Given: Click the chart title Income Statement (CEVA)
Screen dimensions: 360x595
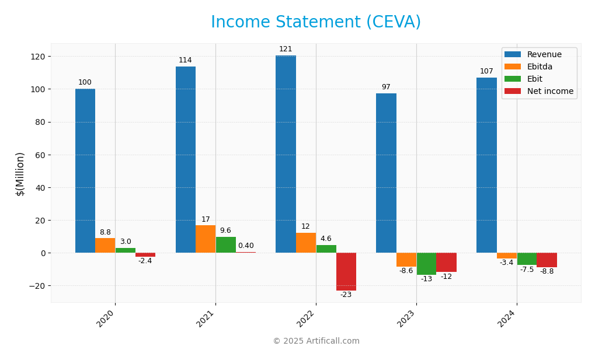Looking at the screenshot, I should pos(315,22).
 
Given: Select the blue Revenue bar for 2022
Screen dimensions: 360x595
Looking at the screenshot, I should pos(286,154).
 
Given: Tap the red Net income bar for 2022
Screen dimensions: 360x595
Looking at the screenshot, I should pos(346,271).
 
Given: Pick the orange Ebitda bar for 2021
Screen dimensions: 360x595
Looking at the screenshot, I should pos(206,239).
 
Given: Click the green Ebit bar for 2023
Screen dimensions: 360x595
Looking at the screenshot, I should pos(426,264).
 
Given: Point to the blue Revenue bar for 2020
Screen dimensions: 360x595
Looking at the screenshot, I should pos(85,170).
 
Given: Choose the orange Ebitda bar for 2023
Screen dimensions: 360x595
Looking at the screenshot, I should pos(406,260).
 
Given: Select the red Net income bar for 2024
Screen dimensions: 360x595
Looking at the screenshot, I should pos(547,260).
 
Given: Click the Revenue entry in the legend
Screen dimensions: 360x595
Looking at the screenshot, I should pos(544,55).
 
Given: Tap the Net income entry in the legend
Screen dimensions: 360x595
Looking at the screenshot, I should pos(549,92).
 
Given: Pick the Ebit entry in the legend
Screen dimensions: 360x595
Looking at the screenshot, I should pos(534,79).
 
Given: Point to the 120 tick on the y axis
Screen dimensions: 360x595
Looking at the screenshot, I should pos(38,57).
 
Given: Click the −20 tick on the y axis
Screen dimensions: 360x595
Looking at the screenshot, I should pos(36,286).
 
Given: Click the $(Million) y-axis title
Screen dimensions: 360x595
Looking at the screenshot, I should pos(20,174).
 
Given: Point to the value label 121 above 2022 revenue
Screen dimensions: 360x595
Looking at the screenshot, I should pos(286,49).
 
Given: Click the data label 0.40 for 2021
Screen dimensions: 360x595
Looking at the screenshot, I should pos(246,246).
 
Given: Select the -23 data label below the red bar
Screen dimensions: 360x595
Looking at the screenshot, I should pos(346,295).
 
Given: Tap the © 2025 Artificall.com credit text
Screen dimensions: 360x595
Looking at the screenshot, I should pos(316,341).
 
